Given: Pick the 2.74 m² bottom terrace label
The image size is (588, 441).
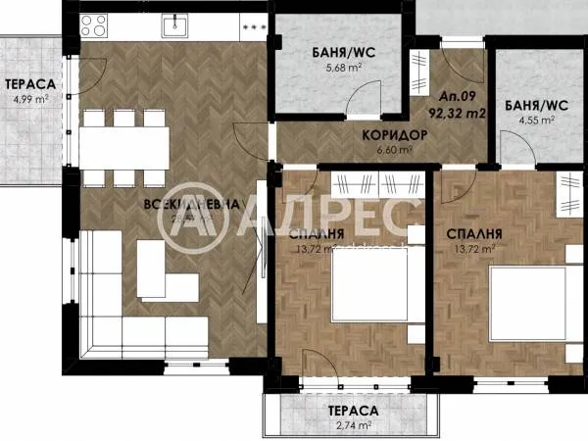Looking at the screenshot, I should (x=353, y=425).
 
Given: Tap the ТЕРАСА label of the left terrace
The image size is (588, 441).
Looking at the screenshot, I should (x=26, y=83).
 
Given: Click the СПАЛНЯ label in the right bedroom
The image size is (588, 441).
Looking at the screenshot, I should (x=475, y=235).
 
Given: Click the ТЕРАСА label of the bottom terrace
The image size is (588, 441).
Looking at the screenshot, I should (x=353, y=411).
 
